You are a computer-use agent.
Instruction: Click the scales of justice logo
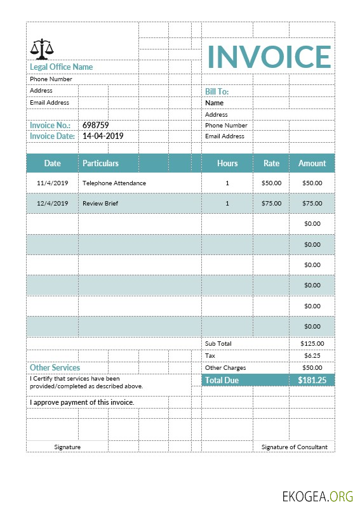point(42,48)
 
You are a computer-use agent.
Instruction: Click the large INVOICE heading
point(269,56)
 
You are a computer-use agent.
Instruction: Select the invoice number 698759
point(96,126)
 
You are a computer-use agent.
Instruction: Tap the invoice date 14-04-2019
point(103,136)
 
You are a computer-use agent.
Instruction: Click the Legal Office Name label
point(61,67)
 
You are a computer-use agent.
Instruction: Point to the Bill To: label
point(217,92)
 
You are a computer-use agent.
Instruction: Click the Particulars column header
point(100,163)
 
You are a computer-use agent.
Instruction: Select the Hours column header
point(227,163)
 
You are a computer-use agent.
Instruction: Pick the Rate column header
point(271,163)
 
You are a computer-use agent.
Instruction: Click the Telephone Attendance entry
point(114,183)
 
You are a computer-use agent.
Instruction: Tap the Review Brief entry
point(100,204)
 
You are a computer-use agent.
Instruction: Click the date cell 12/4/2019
point(53,204)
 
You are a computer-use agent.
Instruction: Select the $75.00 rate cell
point(271,204)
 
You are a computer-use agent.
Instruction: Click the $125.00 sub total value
point(312,344)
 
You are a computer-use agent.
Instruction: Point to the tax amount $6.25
point(312,356)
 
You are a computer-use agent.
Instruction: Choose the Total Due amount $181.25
point(312,380)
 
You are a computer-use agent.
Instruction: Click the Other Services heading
point(55,367)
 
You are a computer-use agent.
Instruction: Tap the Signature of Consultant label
point(295,447)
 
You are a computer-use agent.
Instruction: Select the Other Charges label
point(225,368)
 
